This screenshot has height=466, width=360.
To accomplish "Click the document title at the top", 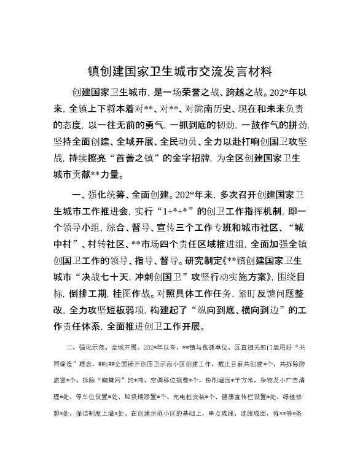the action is point(180,71).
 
